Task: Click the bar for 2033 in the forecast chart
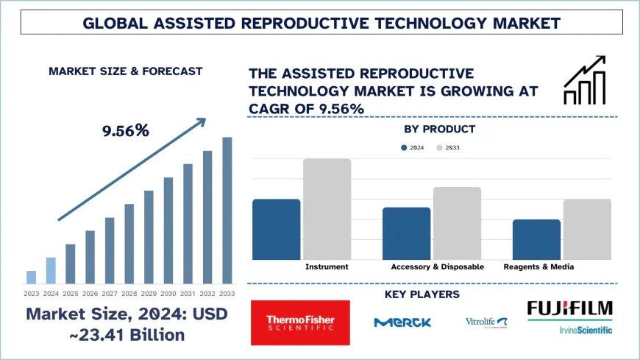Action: point(227,211)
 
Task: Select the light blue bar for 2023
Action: point(31,277)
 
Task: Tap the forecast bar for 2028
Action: point(129,244)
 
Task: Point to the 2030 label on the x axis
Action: point(168,293)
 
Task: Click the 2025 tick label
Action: point(71,293)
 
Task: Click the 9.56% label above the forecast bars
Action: point(125,131)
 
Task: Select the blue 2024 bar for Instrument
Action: point(276,229)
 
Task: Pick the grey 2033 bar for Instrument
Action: point(327,209)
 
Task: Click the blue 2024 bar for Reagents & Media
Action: point(536,239)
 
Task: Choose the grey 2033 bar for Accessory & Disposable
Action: point(457,223)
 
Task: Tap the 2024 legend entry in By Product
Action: point(411,148)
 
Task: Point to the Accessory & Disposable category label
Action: point(437,267)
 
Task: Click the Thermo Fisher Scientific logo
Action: point(299,322)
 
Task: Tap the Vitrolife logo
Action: point(486,322)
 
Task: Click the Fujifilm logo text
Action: point(569,308)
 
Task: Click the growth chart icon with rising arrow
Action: point(584,80)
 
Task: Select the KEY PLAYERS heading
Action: point(422,294)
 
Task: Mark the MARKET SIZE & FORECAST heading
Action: point(125,71)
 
